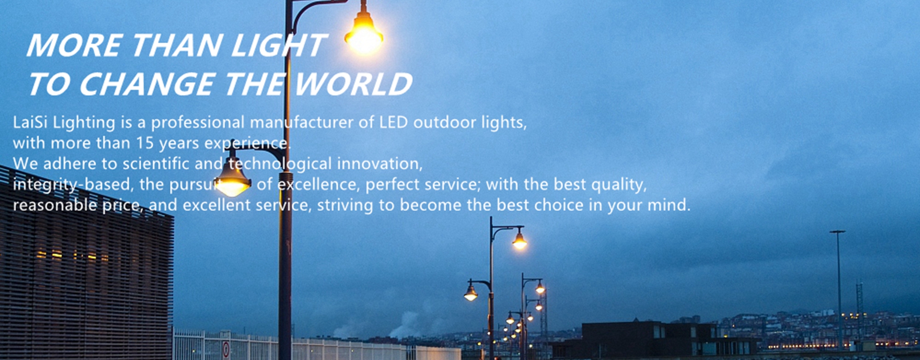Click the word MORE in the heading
75,46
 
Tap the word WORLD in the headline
353,84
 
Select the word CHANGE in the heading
147,84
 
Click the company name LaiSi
30,122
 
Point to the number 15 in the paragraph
145,143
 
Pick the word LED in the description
393,122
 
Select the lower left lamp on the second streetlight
471,293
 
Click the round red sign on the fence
226,349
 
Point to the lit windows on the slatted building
72,255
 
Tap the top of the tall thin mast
838,232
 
